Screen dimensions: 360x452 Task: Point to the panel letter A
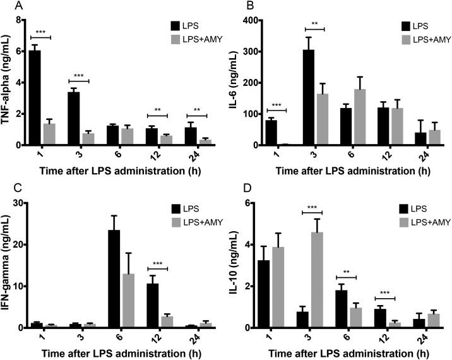5,6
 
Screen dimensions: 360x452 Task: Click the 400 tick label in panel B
247,20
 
